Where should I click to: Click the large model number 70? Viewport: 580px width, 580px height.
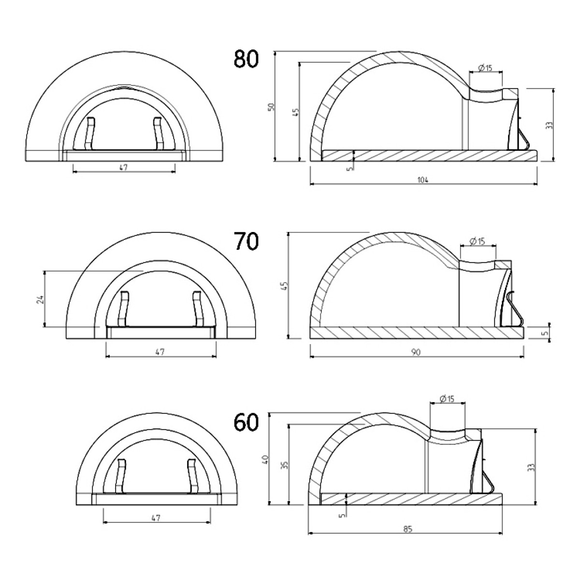pyautogui.click(x=246, y=241)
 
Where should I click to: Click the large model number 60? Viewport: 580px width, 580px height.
pyautogui.click(x=246, y=422)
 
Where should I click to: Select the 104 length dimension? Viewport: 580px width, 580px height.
pyautogui.click(x=423, y=180)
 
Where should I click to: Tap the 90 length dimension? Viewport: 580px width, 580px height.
pyautogui.click(x=416, y=352)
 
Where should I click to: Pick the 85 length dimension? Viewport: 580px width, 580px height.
pyautogui.click(x=408, y=529)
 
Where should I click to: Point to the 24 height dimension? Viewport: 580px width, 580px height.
pyautogui.click(x=41, y=299)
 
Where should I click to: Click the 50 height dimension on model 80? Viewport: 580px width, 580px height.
pyautogui.click(x=272, y=106)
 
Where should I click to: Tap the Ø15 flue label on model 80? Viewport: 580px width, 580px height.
pyautogui.click(x=485, y=68)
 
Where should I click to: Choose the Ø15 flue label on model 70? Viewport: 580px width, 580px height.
pyautogui.click(x=477, y=241)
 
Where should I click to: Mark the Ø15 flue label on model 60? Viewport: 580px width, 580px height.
pyautogui.click(x=447, y=399)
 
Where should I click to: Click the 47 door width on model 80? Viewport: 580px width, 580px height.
pyautogui.click(x=123, y=168)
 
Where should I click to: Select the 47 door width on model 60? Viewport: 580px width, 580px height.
pyautogui.click(x=156, y=517)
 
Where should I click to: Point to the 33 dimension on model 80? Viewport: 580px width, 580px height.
pyautogui.click(x=550, y=125)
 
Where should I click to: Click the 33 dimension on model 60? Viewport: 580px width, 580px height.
pyautogui.click(x=532, y=467)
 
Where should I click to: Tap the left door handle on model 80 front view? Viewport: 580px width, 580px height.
pyautogui.click(x=89, y=133)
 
